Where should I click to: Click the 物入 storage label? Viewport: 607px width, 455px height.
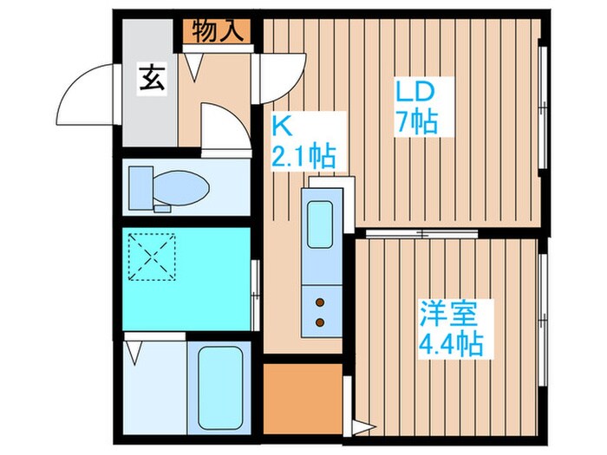point(217,31)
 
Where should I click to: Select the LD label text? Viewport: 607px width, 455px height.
point(414,91)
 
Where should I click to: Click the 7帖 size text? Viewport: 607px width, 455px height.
point(414,120)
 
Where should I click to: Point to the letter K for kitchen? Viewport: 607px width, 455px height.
point(282,127)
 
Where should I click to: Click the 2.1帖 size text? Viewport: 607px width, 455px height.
point(304,158)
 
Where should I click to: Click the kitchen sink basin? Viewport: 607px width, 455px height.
point(320,224)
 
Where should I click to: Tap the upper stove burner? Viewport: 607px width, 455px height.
point(319,302)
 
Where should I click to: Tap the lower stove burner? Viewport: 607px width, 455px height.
point(319,322)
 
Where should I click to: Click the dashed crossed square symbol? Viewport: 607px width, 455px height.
point(153,257)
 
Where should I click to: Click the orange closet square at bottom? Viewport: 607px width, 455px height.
point(302,400)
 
